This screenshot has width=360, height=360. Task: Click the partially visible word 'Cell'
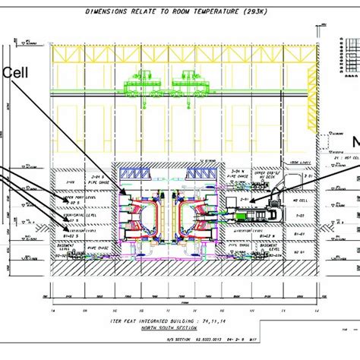pos(17,73)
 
